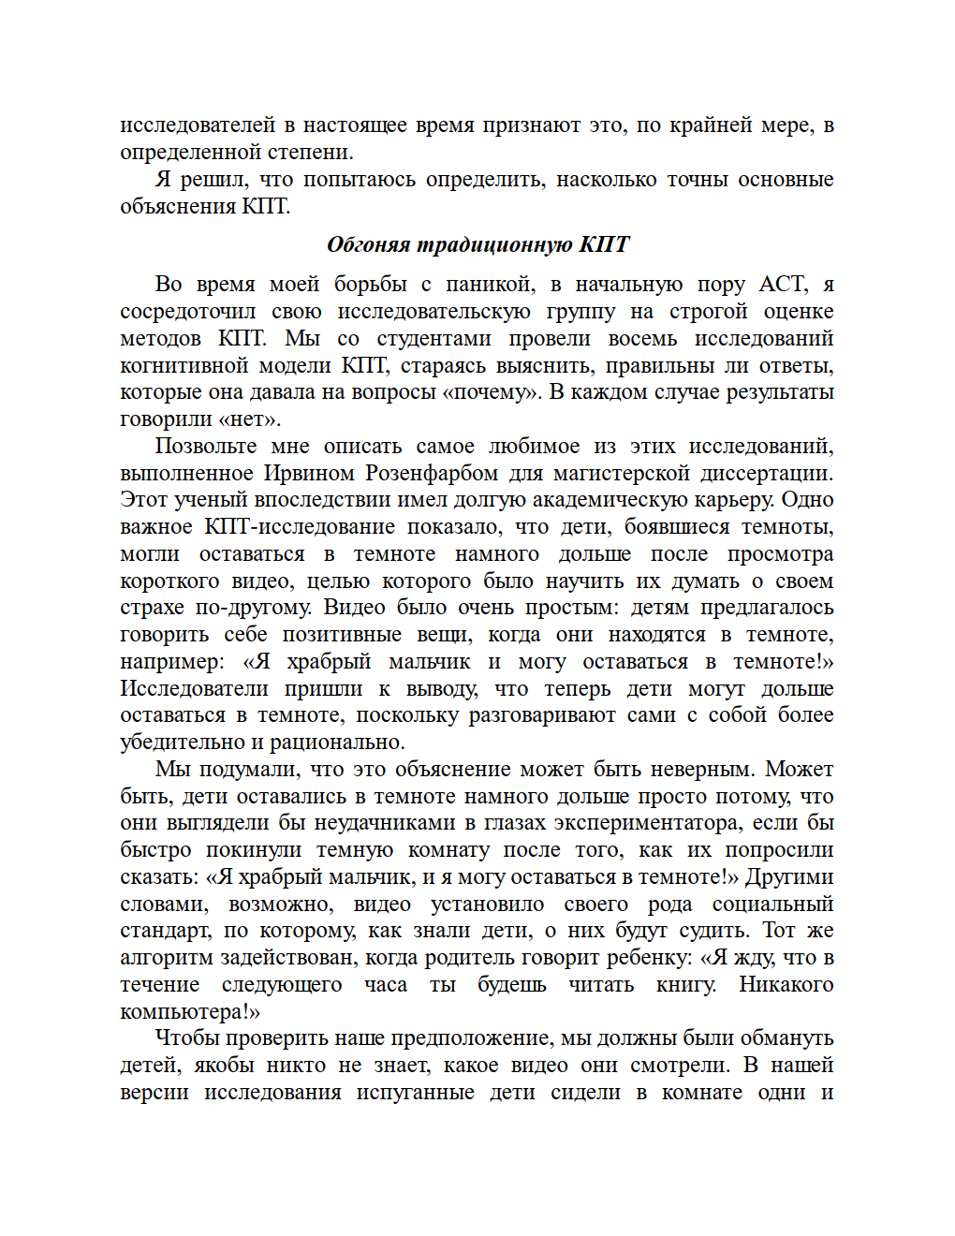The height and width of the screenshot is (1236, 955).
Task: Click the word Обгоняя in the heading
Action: [368, 244]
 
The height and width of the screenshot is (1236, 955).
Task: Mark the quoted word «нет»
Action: [250, 419]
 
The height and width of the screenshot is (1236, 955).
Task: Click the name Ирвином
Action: [303, 474]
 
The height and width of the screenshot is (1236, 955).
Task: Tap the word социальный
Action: [772, 905]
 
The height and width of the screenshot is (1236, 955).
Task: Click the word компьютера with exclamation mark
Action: [189, 1012]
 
